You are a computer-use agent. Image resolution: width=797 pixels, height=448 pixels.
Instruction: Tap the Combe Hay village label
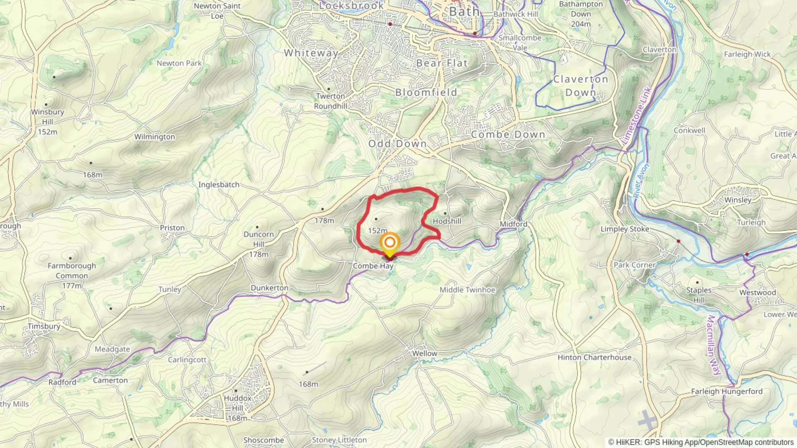[x=373, y=266]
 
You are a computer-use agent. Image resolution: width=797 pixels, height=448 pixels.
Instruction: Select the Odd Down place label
[x=397, y=144]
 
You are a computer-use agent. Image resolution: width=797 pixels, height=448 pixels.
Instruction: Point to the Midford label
[x=513, y=224]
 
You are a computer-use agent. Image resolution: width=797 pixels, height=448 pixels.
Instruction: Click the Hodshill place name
[x=447, y=221]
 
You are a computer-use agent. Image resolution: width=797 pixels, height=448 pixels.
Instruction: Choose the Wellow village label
[x=424, y=353]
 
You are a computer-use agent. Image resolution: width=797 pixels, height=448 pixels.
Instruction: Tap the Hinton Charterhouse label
[x=594, y=357]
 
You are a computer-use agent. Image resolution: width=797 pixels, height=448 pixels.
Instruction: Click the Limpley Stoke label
[x=625, y=229]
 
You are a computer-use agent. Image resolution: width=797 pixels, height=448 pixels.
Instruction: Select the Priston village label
[x=172, y=228]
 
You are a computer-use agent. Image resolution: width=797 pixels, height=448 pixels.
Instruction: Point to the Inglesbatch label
[x=219, y=185]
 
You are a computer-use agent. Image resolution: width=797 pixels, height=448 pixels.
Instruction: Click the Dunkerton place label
[x=269, y=288]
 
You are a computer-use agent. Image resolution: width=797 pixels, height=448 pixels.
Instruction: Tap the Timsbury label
[x=44, y=326]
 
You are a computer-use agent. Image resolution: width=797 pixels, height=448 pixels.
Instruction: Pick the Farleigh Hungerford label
[x=726, y=391]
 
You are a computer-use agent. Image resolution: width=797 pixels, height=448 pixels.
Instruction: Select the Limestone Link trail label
[x=637, y=116]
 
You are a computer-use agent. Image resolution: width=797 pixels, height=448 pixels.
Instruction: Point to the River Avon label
[x=641, y=181]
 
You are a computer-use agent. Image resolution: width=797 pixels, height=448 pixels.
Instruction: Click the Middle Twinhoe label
[x=467, y=290]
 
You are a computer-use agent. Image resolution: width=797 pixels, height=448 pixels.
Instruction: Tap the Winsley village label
[x=738, y=200]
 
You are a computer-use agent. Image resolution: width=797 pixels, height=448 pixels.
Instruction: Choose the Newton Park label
[x=179, y=63]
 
